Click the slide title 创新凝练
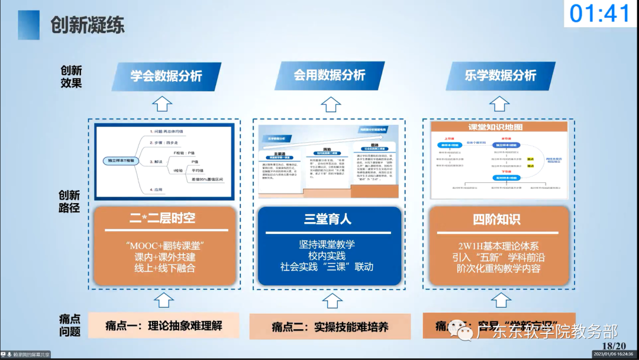point(87,25)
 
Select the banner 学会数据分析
point(166,76)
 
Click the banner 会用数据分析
point(330,75)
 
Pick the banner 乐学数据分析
point(500,75)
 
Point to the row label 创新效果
point(71,76)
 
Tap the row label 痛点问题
point(70,325)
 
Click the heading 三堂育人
point(328,219)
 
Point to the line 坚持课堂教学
point(327,244)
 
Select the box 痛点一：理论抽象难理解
point(164,325)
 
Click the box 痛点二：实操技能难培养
point(330,327)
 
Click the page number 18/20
point(613,346)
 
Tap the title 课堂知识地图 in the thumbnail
point(499,127)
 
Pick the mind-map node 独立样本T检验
point(121,160)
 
